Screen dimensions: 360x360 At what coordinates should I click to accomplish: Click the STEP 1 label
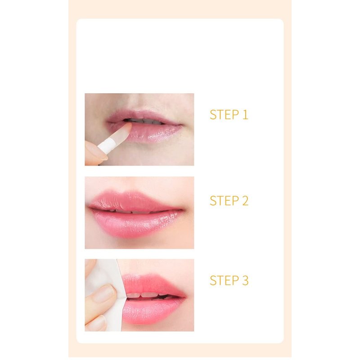tap(229, 115)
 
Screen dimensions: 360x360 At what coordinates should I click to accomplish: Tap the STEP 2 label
tap(229, 200)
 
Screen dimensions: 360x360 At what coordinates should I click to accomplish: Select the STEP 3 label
tap(229, 280)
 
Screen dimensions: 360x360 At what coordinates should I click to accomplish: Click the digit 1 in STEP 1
tap(245, 115)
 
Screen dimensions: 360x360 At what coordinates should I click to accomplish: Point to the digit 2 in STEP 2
tap(245, 200)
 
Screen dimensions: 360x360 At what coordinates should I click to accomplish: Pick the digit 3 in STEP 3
tap(245, 280)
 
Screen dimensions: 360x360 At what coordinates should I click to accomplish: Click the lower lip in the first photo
tap(152, 133)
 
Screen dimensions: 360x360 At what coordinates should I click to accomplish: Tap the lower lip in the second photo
tap(135, 224)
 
